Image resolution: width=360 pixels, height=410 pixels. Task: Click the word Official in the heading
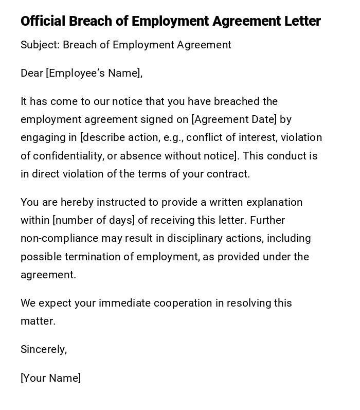[x=43, y=21]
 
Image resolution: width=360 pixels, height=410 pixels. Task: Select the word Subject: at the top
[x=40, y=45]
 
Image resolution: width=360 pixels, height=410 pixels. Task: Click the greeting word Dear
[x=31, y=73]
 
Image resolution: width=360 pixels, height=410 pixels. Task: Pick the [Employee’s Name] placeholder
[x=94, y=73]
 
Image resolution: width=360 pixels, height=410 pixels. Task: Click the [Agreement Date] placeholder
[x=234, y=119]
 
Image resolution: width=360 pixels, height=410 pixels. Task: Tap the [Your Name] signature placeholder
[x=50, y=378]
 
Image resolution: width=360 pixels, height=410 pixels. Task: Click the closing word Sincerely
[x=44, y=349]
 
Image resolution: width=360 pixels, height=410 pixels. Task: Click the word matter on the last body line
[x=37, y=321]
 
